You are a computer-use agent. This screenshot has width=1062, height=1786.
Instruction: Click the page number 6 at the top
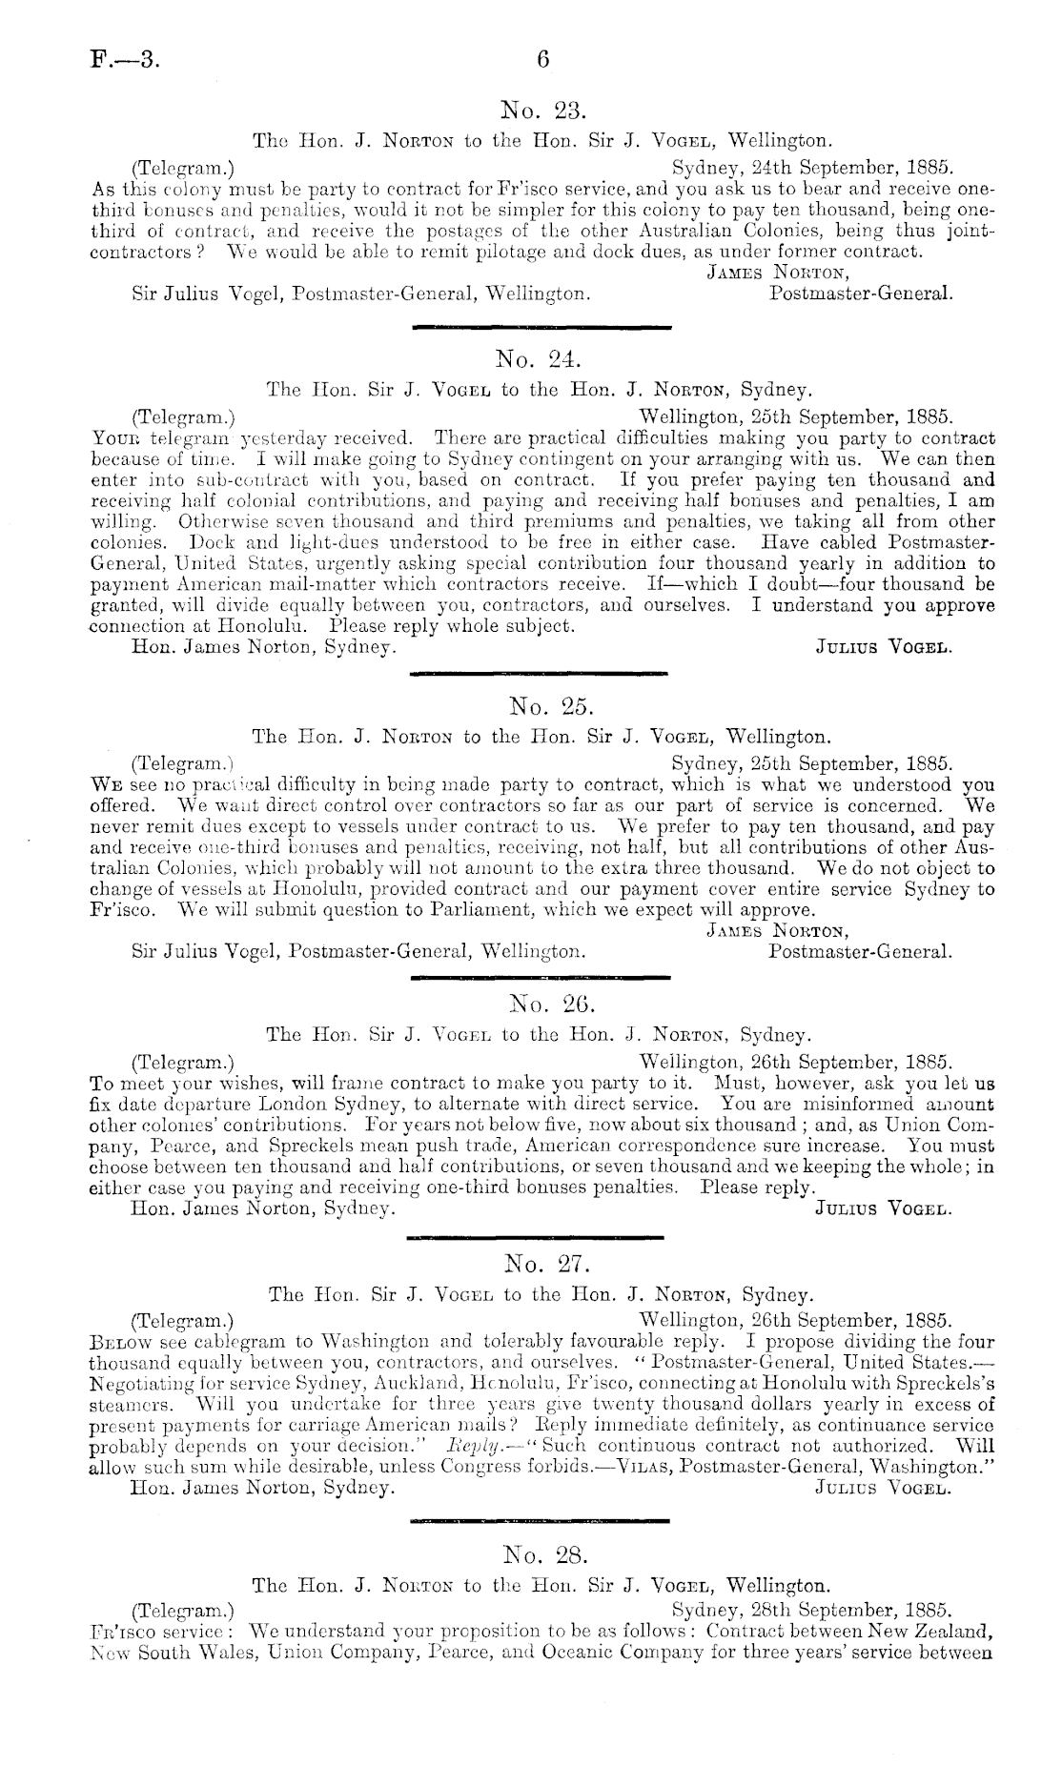coord(543,59)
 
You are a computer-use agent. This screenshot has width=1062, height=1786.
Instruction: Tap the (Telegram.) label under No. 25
coord(182,763)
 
